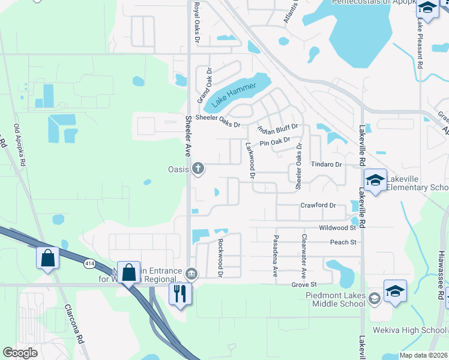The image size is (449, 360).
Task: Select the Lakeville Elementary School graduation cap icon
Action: coord(375,181)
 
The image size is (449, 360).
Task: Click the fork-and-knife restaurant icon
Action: coord(179,293)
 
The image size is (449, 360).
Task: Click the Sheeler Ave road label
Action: coord(188,136)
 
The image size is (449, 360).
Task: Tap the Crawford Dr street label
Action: coord(318,205)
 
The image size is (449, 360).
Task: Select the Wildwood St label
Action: coord(337,228)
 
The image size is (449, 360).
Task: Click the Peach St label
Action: coord(343,242)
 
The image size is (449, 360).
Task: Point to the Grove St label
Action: coord(304,284)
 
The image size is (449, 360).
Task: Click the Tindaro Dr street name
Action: coord(326,164)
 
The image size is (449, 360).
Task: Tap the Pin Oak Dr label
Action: coord(275,143)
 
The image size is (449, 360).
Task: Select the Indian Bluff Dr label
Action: coord(277,128)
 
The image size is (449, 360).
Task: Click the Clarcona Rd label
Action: coord(76,323)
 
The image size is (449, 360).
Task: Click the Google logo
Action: coord(20,353)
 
